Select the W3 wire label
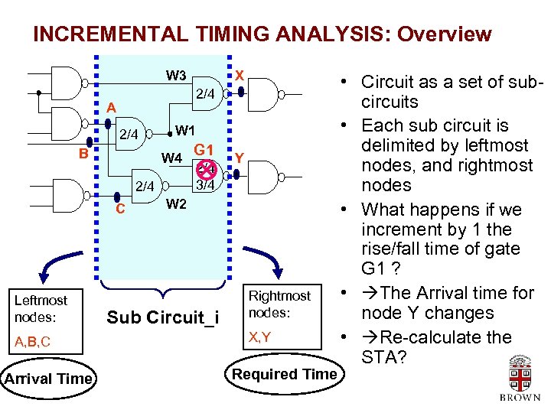tap(176, 75)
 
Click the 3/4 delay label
tap(206, 184)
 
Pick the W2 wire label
tap(176, 203)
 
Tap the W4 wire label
tap(171, 159)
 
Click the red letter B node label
tap(83, 152)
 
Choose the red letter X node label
tap(240, 75)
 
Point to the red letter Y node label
tap(240, 158)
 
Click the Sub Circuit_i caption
tap(163, 316)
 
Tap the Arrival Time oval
tap(48, 378)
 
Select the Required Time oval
tap(284, 373)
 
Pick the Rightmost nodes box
tap(280, 304)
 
